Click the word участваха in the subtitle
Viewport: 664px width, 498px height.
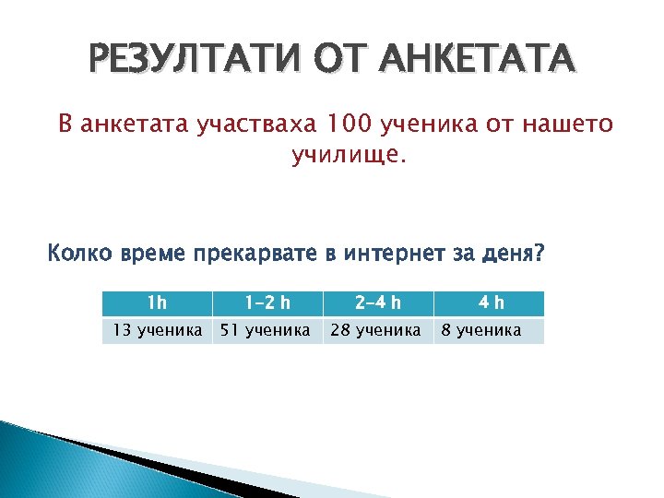pyautogui.click(x=254, y=125)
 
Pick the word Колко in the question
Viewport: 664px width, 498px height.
pyautogui.click(x=77, y=254)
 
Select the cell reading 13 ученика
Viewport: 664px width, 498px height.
pyautogui.click(x=157, y=330)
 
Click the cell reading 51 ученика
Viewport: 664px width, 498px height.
pyautogui.click(x=267, y=330)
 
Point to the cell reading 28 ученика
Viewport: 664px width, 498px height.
pyautogui.click(x=376, y=330)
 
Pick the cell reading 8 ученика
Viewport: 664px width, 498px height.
pyautogui.click(x=480, y=330)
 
